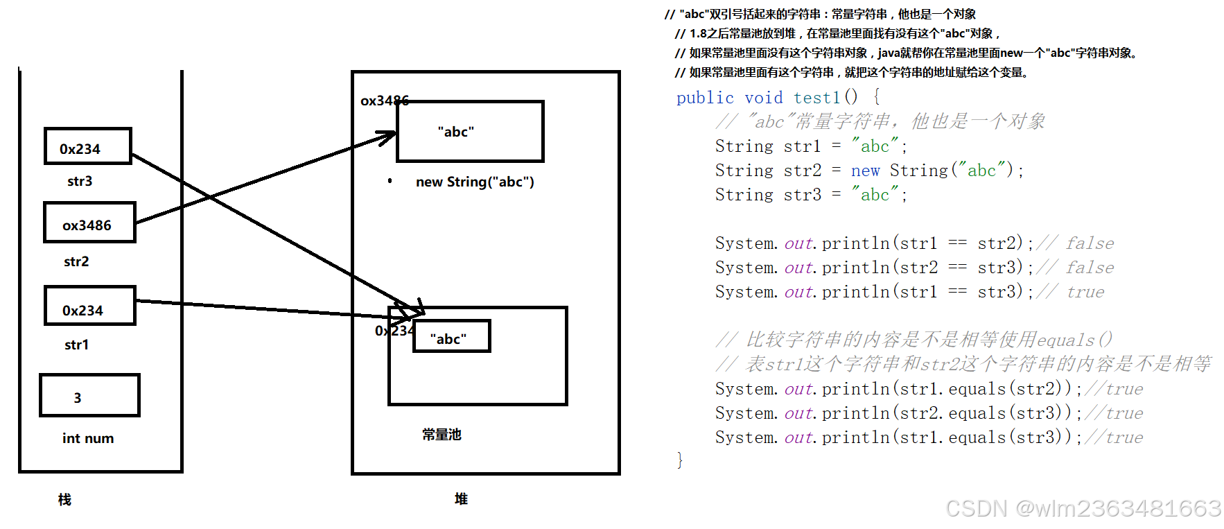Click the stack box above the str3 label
[87, 146]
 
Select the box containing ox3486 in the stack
[89, 223]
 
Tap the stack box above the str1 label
[89, 306]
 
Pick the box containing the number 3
[89, 395]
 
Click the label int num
[88, 438]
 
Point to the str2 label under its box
[76, 261]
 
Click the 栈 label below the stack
[64, 499]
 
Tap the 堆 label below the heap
[461, 498]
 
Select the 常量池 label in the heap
[441, 435]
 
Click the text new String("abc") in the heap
[475, 182]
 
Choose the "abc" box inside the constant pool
[451, 336]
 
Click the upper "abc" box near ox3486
[470, 132]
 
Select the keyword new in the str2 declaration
[865, 171]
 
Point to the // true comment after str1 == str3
[1070, 292]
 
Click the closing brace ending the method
[680, 460]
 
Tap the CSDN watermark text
[1083, 508]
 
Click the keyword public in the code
[705, 98]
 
